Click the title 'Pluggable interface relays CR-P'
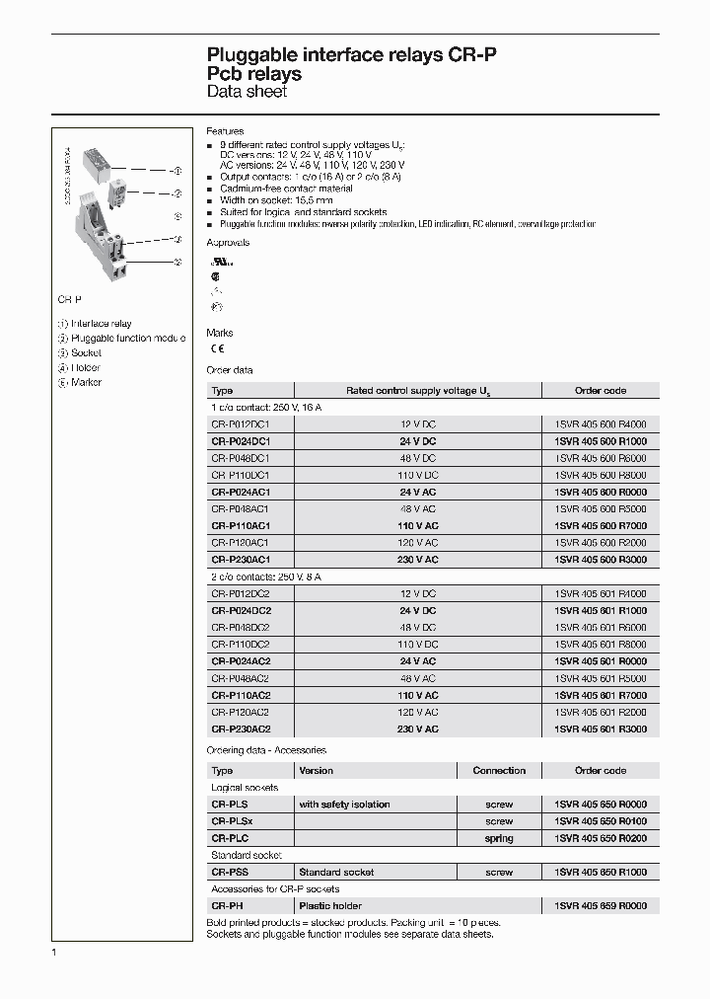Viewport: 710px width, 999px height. click(351, 55)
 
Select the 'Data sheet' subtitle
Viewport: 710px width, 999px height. click(247, 92)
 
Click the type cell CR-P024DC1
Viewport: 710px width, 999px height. click(241, 441)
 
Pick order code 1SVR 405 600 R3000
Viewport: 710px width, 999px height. click(600, 560)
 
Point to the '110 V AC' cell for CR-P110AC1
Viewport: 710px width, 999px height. click(417, 526)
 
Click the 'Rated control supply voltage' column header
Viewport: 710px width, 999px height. click(418, 391)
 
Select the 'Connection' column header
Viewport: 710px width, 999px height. click(499, 770)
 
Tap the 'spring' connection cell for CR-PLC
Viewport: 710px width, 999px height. click(499, 838)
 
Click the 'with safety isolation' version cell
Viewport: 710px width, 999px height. click(344, 805)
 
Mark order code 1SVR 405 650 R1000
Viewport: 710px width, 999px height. click(600, 873)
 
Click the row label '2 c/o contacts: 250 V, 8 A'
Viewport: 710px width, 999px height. click(266, 576)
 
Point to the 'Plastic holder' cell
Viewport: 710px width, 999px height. click(330, 905)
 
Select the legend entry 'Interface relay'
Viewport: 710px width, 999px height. click(100, 324)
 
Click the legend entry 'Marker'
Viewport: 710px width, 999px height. click(86, 382)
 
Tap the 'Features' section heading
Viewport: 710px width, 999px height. click(225, 131)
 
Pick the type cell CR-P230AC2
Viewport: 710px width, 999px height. click(241, 729)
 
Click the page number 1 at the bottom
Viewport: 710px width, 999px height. click(53, 952)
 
